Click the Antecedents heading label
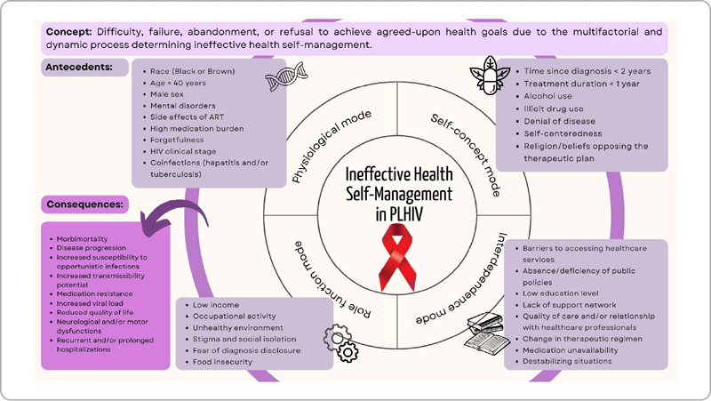point(78,68)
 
